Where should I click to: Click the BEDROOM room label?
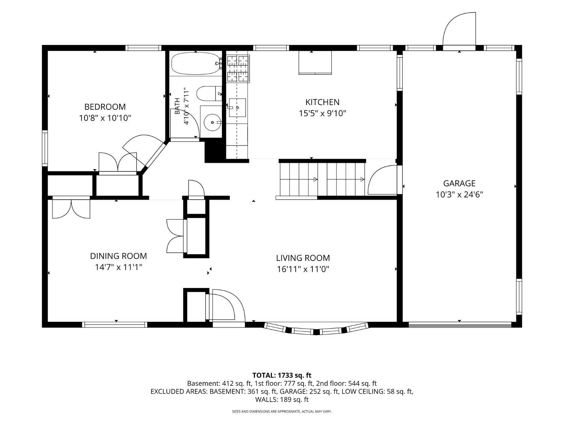point(105,106)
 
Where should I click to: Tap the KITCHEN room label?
point(322,102)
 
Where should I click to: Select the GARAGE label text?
point(459,183)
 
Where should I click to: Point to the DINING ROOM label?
point(118,256)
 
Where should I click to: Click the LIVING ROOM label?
point(303,258)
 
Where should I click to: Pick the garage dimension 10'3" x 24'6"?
point(459,194)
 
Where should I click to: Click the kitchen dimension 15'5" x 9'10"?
point(322,113)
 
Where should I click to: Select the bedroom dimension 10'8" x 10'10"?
point(105,118)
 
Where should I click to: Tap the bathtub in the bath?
point(196,64)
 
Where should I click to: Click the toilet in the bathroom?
point(209,94)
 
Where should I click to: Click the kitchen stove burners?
point(238,69)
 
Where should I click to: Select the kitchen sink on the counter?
point(237,108)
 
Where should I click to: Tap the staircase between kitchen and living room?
point(322,179)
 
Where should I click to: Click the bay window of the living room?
point(316,329)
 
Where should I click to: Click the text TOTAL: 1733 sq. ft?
point(282,375)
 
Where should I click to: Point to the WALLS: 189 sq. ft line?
point(282,399)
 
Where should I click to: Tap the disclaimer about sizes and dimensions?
point(282,411)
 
